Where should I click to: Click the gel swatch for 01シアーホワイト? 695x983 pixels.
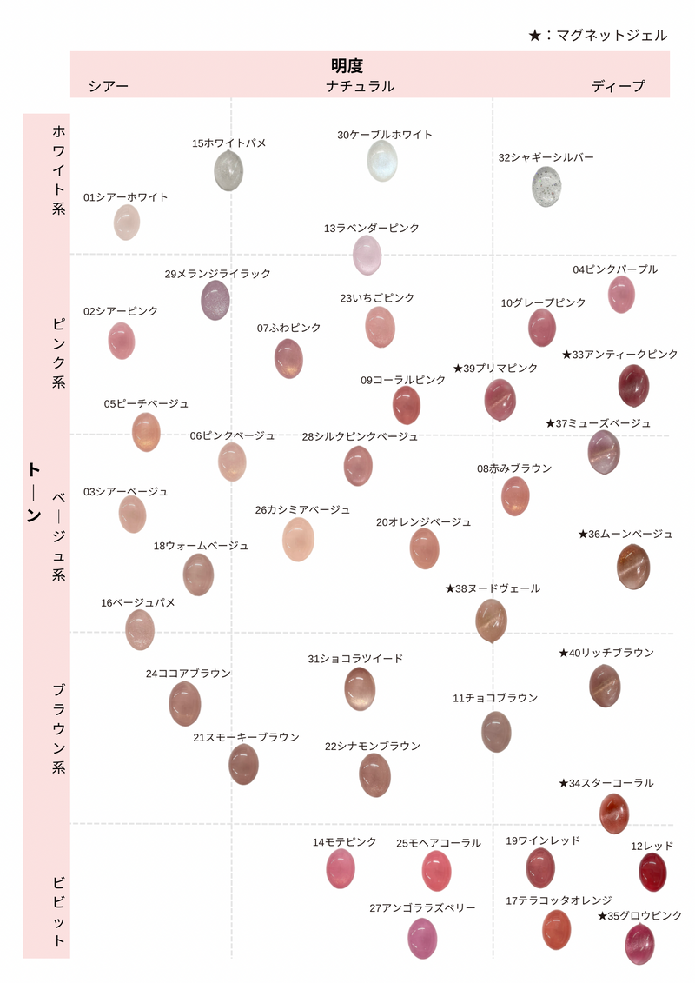(127, 223)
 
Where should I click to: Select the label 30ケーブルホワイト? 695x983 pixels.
(385, 135)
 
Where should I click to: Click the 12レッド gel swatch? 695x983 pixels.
(652, 872)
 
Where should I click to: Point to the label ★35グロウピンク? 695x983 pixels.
(639, 915)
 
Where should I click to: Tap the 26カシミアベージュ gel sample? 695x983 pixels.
(298, 539)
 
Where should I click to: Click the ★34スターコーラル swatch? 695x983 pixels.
(614, 814)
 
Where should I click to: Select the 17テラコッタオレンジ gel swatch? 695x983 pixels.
(556, 930)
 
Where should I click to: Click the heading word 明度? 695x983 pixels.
(347, 66)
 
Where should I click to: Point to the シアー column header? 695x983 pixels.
(109, 86)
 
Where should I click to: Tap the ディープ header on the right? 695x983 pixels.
(619, 86)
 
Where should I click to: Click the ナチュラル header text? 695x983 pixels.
(360, 86)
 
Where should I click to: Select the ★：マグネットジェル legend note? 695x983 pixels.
(598, 35)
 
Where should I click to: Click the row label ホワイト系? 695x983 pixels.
(58, 170)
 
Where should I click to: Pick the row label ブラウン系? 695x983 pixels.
(58, 728)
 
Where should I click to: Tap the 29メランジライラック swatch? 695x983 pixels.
(216, 300)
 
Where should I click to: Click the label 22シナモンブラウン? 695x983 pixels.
(373, 746)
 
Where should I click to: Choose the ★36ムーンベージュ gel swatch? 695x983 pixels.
(633, 567)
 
